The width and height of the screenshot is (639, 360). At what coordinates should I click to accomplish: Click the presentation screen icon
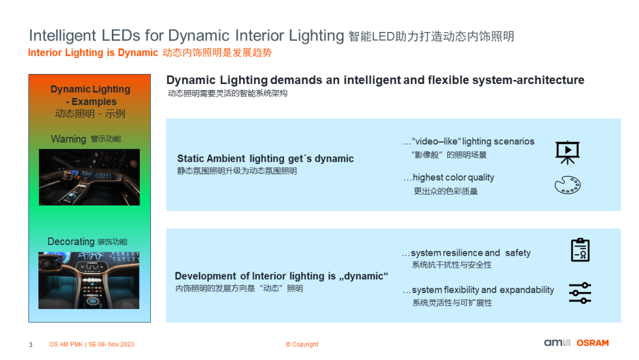coord(567,152)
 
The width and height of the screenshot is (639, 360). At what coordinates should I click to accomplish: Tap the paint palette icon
coord(567,185)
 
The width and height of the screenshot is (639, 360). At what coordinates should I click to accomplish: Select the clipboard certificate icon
coord(580,250)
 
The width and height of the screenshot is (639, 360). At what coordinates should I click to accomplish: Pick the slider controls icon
coord(580,292)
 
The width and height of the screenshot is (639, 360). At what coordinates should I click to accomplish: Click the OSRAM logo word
coord(592,343)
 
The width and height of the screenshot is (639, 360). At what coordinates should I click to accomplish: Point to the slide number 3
coord(31,345)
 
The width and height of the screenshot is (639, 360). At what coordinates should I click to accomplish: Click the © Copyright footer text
coord(302,345)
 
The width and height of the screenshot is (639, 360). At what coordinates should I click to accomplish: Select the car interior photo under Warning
coord(89,177)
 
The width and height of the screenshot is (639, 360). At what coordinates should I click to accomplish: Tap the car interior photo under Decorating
coord(89,280)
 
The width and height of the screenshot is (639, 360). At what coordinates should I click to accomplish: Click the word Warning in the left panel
coord(69,139)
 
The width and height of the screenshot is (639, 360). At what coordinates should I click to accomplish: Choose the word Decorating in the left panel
coord(71,242)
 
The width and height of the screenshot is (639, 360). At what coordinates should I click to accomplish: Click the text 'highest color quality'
coord(453,178)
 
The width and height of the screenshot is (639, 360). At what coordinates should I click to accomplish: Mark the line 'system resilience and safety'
coord(470,253)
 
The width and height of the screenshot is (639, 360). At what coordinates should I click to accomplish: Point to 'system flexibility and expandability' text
coord(483,290)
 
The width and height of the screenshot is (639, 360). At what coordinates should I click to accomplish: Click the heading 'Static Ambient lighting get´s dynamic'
coord(266,159)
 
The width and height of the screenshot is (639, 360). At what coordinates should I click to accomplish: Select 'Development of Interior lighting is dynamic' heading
coord(281,276)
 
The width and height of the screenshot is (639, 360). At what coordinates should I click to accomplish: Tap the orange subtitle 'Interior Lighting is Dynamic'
coord(93,53)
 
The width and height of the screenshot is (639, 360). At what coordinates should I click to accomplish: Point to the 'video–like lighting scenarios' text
coord(473,142)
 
